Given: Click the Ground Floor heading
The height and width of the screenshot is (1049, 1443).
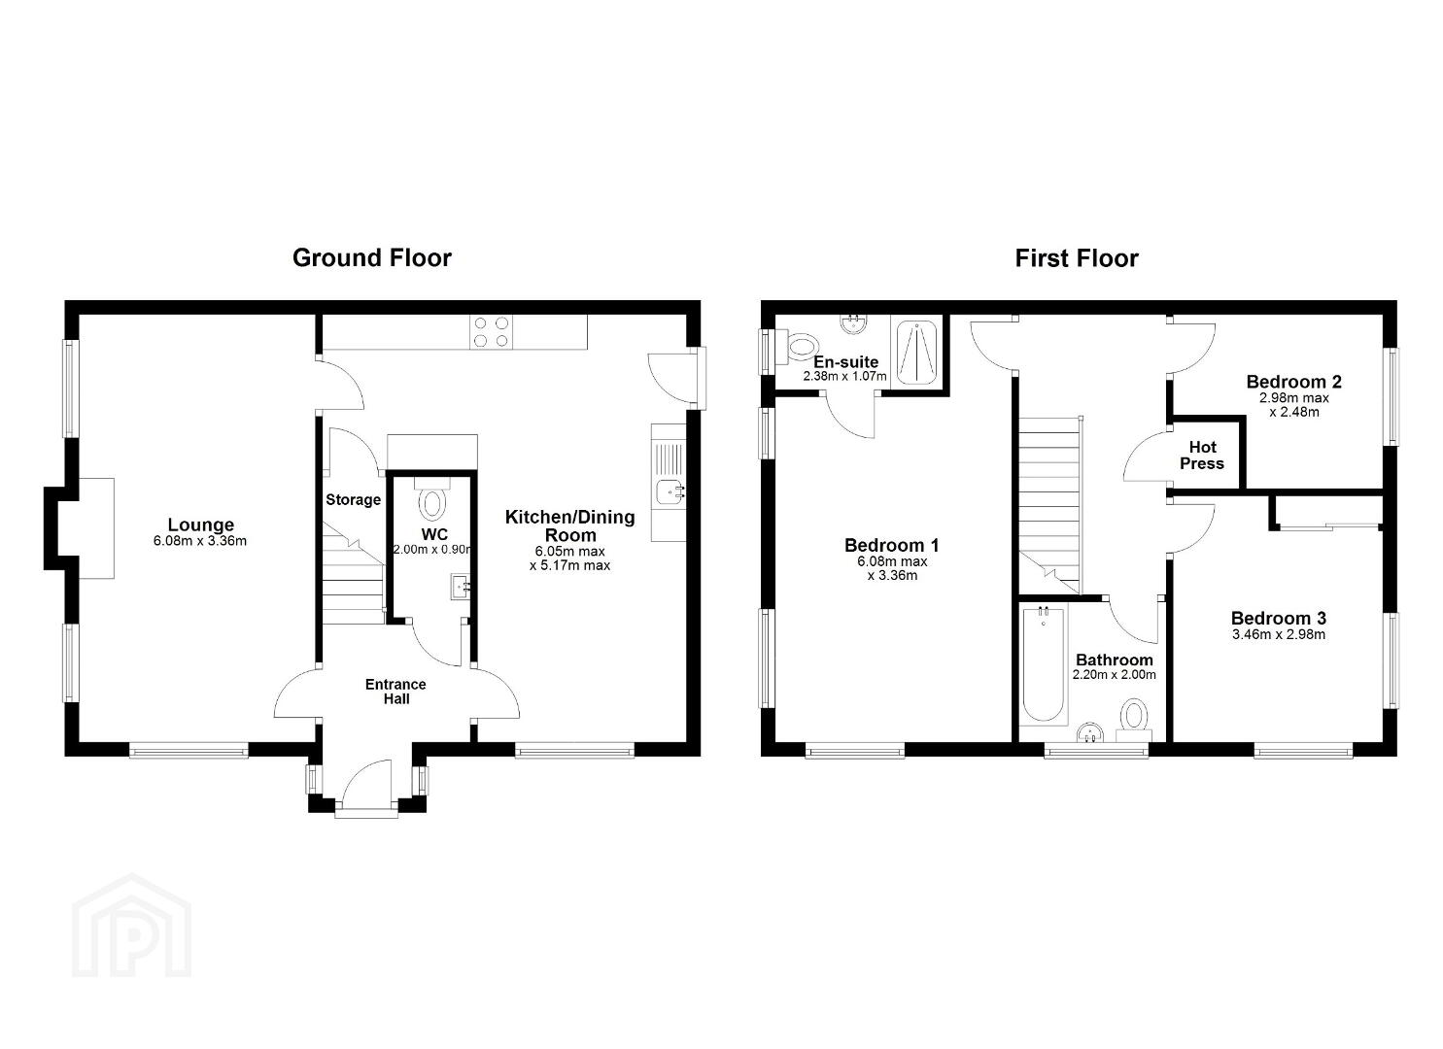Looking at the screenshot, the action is coord(372,258).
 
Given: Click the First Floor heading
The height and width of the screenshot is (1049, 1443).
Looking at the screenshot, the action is coord(1077,259).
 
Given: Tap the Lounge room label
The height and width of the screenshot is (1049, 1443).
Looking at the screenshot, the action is coord(200,524).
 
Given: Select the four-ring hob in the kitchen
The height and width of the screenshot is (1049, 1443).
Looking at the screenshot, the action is coord(491,332).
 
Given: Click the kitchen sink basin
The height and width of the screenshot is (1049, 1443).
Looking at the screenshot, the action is coord(670,493).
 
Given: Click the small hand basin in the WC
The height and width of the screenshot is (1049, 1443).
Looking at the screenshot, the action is coord(462,586).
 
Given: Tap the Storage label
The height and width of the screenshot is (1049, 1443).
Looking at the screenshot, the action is coord(353,499).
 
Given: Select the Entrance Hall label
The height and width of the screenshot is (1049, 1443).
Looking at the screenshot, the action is coord(395,692).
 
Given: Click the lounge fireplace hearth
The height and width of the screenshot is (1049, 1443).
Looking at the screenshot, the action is coord(96,528).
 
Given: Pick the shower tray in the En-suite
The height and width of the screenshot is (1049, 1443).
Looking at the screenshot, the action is coord(916,353).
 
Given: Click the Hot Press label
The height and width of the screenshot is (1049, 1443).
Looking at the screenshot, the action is coord(1202,456).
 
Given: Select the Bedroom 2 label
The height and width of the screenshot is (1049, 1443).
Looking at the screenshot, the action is coord(1293,382).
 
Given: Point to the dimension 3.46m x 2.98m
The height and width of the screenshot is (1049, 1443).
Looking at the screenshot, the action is coord(1279,635).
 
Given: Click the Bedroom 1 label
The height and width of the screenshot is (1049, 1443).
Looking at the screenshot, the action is coord(892,546).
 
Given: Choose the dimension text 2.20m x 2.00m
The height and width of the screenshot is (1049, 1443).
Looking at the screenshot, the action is coord(1114,675).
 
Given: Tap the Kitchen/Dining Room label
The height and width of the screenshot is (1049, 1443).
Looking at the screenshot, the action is coord(570,526).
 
